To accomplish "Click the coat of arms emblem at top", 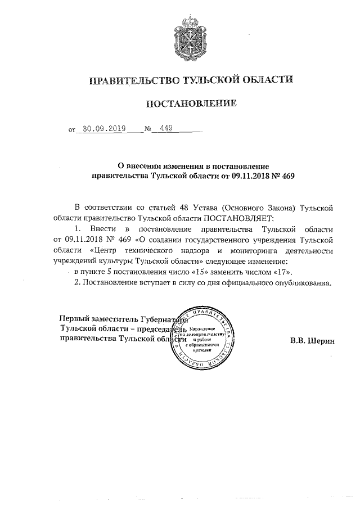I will pos(191,38).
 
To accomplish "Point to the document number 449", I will pos(166,128).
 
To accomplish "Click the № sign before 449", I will pos(148,129).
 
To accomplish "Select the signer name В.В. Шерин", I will pos(312,340).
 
